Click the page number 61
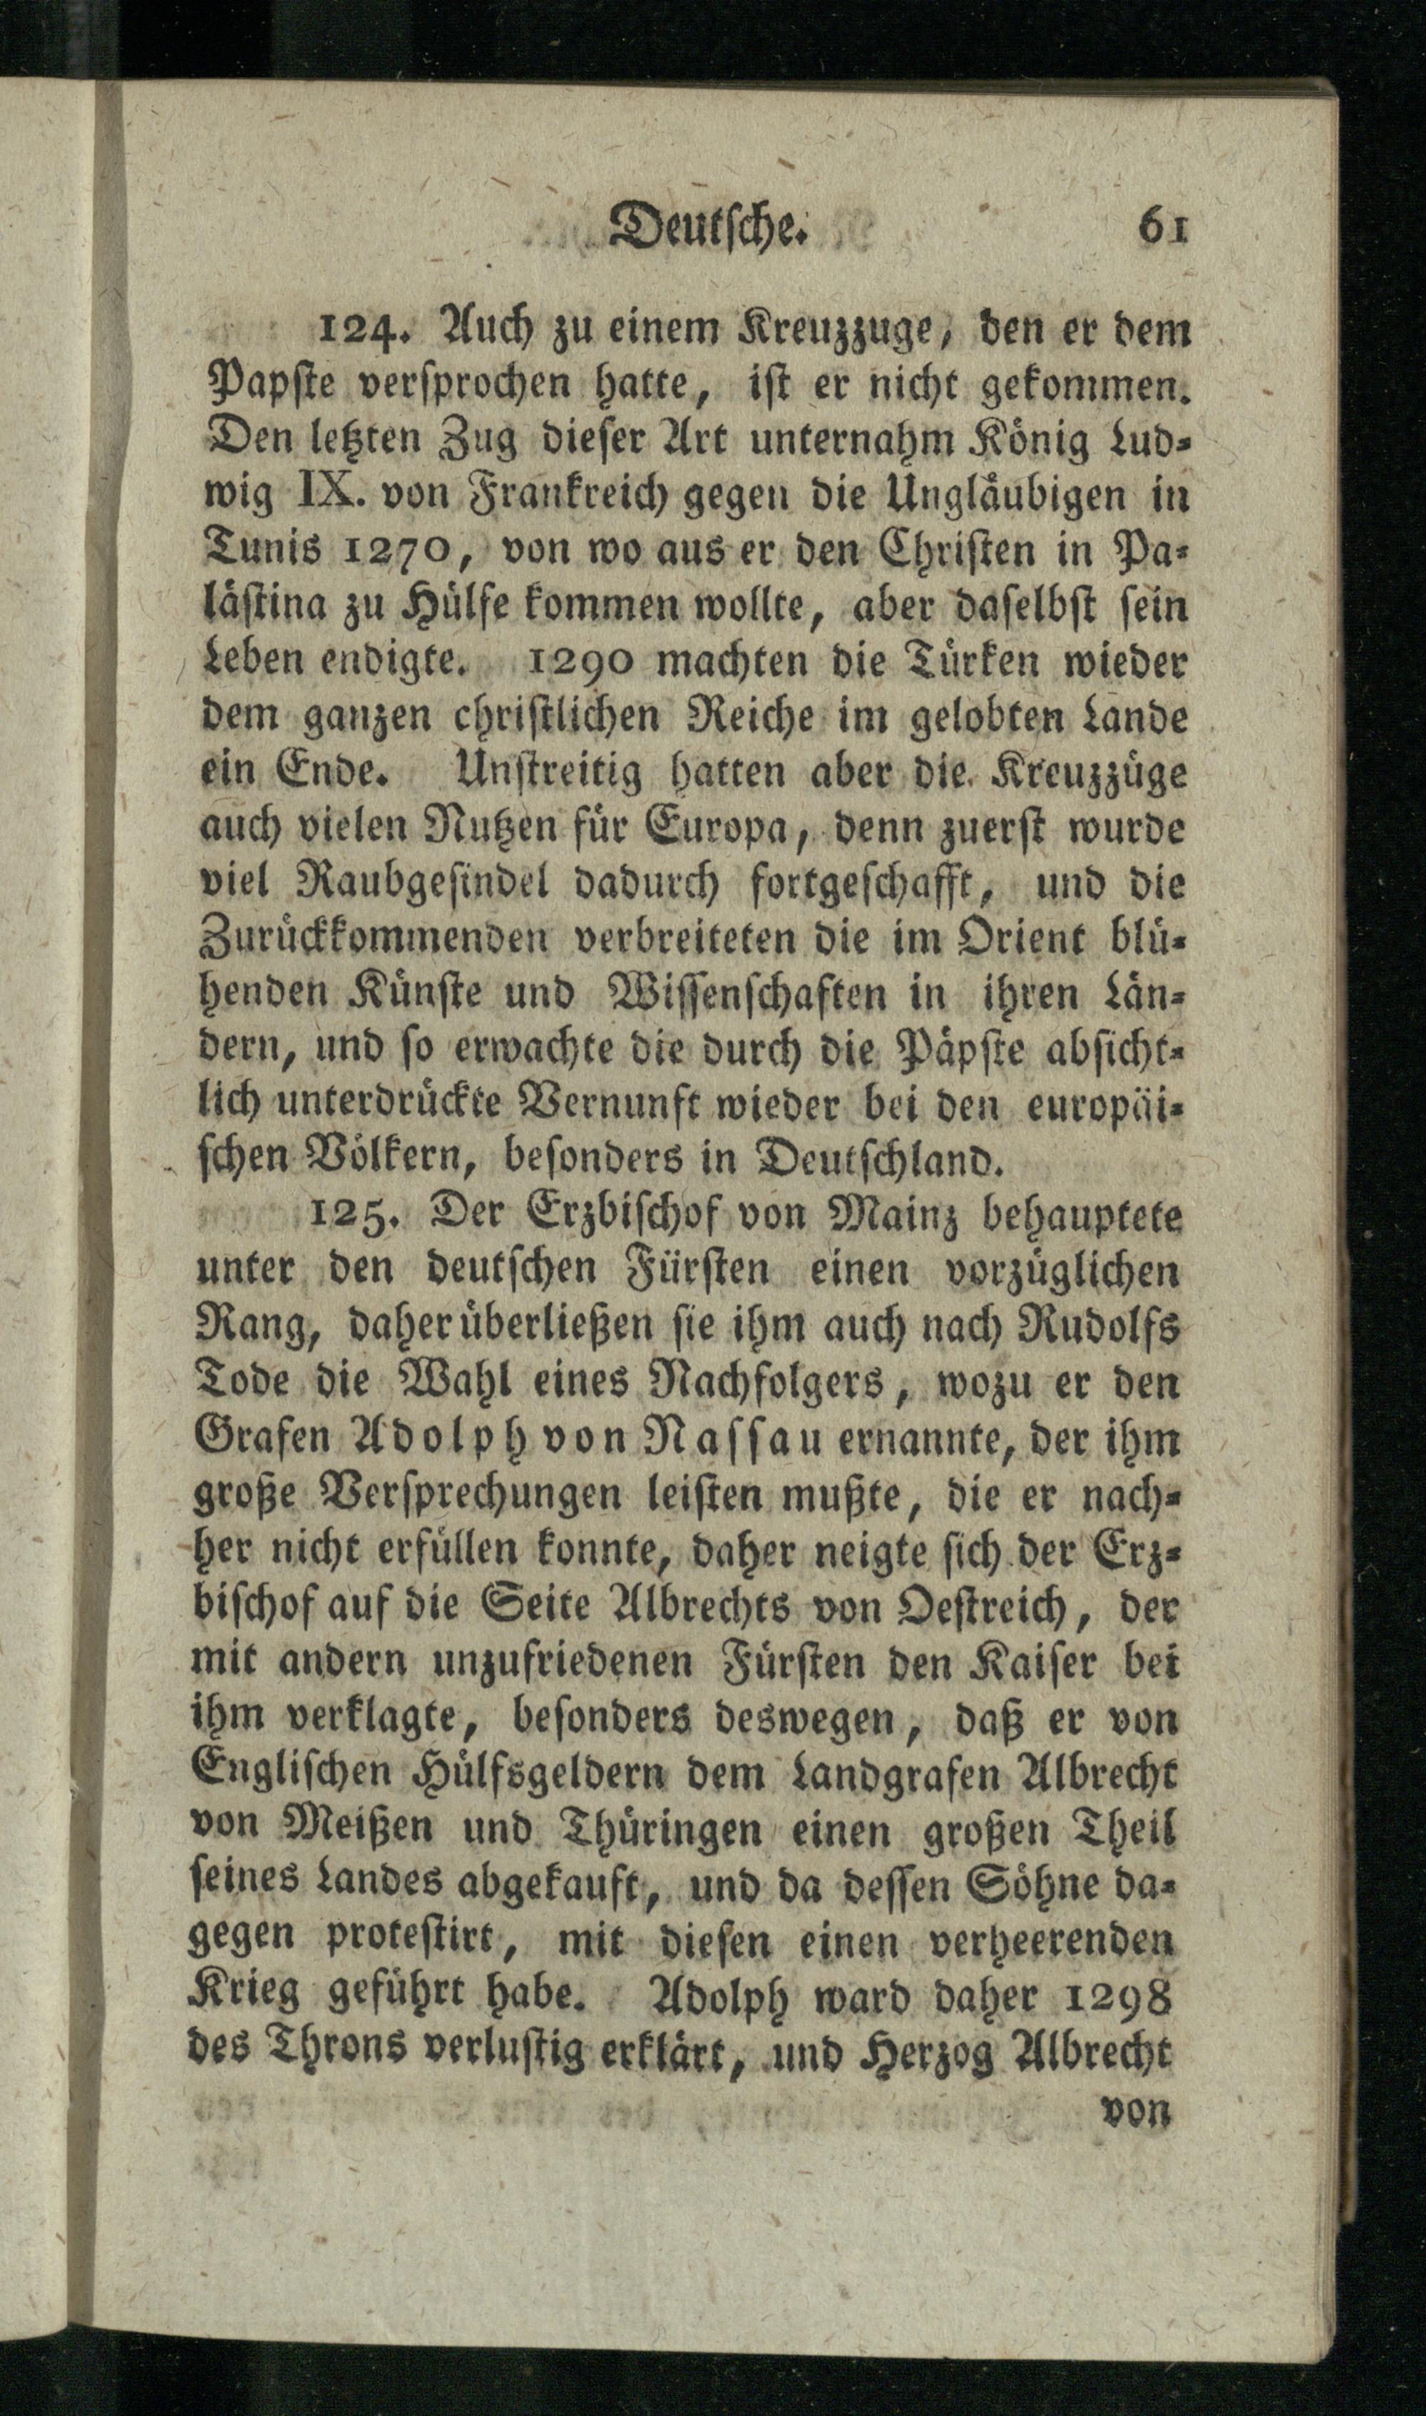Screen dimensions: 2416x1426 (x=1164, y=230)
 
